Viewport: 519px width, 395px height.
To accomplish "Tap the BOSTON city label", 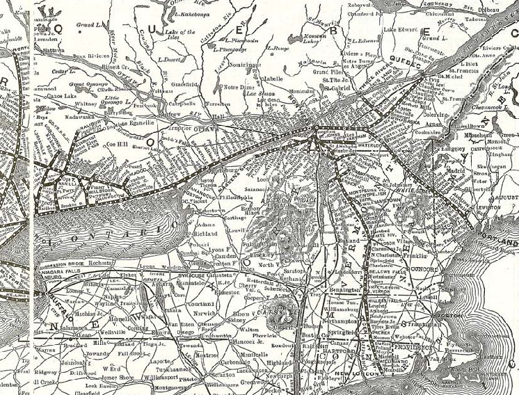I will point(453,314).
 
